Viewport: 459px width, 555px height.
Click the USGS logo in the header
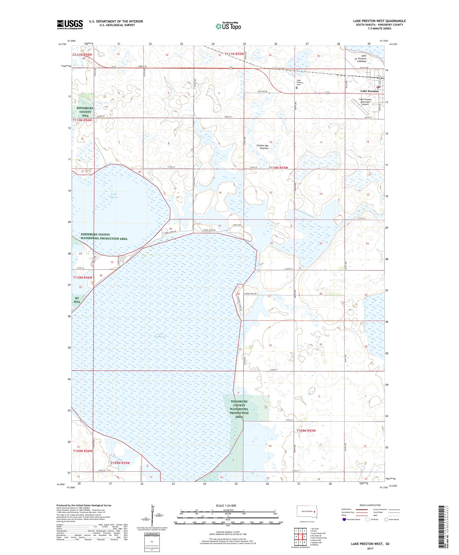pyautogui.click(x=70, y=25)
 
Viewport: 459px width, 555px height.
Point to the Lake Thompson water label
pyautogui.click(x=159, y=335)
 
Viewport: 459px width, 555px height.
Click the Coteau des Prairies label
pyautogui.click(x=262, y=147)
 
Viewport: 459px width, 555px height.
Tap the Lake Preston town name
pyautogui.click(x=369, y=91)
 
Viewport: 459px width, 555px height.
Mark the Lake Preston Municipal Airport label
pyautogui.click(x=365, y=102)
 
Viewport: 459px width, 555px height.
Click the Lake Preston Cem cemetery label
pyautogui.click(x=300, y=82)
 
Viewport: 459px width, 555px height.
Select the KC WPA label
pyautogui.click(x=77, y=300)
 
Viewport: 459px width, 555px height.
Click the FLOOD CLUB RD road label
pyautogui.click(x=209, y=230)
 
